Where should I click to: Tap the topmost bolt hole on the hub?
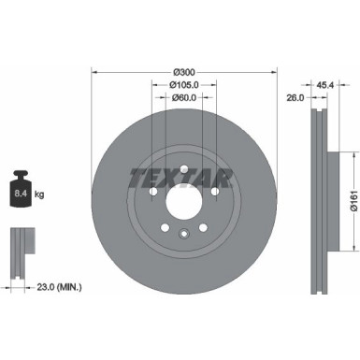pyautogui.click(x=183, y=167)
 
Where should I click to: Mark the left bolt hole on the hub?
pyautogui.click(x=152, y=192)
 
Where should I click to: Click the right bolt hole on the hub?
pyautogui.click(x=214, y=192)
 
